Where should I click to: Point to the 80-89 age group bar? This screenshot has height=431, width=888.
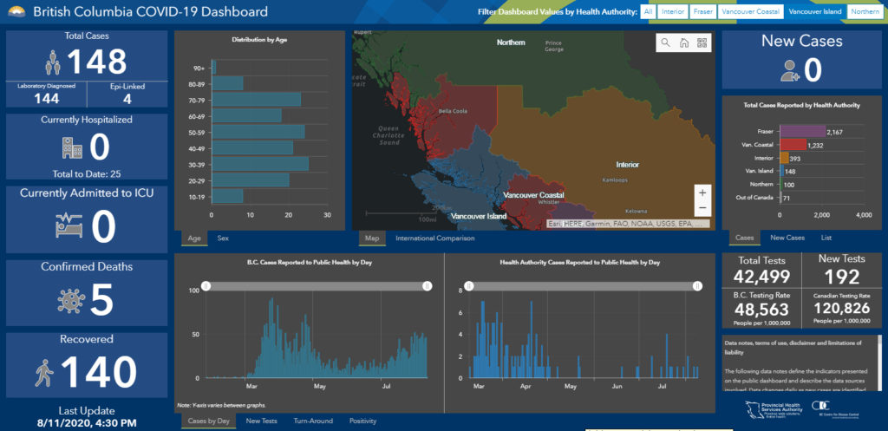click(227, 83)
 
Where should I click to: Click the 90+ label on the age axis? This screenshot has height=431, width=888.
click(199, 68)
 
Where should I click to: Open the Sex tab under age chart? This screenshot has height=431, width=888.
click(223, 238)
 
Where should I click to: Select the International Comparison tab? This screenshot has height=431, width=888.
click(434, 238)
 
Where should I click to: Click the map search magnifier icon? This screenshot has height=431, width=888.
click(665, 42)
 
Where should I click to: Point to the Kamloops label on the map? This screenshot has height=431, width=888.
click(616, 180)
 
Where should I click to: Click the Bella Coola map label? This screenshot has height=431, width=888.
click(453, 111)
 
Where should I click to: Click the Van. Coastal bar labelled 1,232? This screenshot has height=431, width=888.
click(793, 145)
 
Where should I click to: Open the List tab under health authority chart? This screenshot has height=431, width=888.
click(826, 238)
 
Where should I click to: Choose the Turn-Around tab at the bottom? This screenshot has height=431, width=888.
click(313, 421)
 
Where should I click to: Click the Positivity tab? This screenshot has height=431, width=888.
click(362, 421)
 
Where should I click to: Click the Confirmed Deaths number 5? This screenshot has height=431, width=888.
click(101, 299)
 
